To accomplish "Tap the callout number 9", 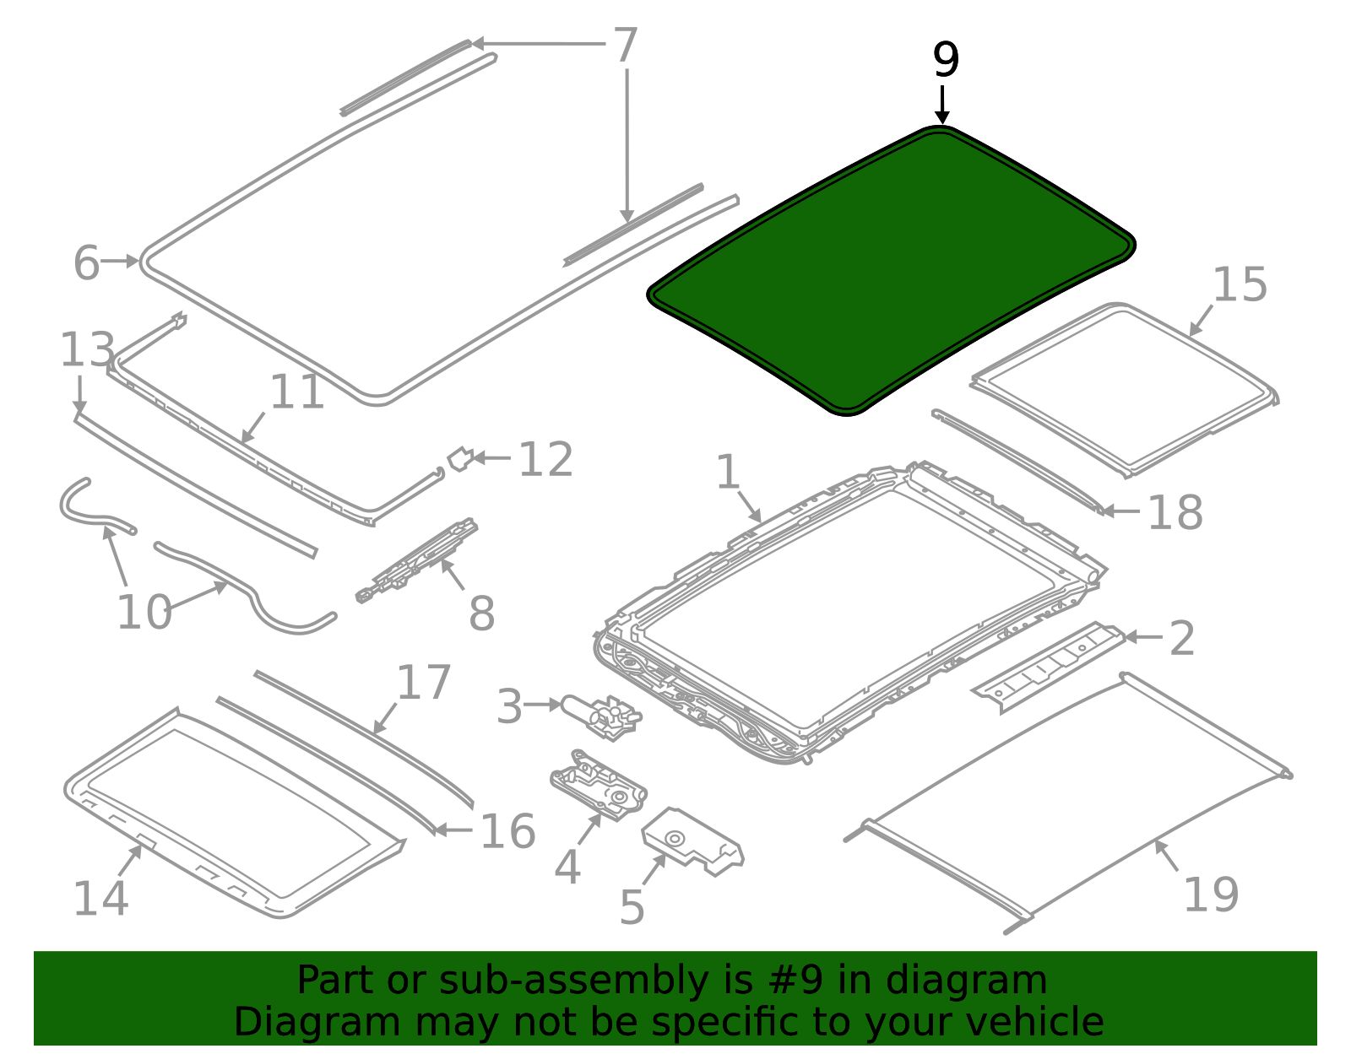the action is pos(946,60).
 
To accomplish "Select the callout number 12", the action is pos(545,460).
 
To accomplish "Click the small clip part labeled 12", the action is pos(460,459).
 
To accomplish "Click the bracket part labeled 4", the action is pos(599,785).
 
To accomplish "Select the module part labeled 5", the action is pos(692,841).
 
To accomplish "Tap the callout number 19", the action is pos(1211,895).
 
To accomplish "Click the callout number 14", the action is pos(100,898).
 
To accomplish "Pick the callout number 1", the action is pos(728,472).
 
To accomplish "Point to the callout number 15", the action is pos(1240,285).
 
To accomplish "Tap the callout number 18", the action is pos(1175,513).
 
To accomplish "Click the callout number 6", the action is pos(86,263).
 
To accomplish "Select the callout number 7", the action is pos(626,45).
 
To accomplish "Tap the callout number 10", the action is pos(144,613).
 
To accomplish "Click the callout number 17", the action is pos(423,683).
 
